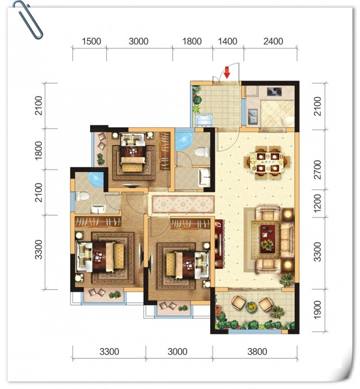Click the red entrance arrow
click(227, 72)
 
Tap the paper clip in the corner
click(28, 20)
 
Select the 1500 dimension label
click(91, 41)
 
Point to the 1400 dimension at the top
click(227, 41)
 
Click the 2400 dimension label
click(273, 41)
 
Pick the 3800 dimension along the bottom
click(257, 352)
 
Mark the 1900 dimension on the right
click(318, 310)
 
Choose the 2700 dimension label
click(318, 170)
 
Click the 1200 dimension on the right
click(318, 203)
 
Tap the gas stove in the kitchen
click(274, 92)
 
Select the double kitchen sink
click(253, 117)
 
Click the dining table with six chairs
click(267, 161)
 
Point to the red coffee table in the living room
click(267, 239)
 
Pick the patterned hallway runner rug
click(183, 204)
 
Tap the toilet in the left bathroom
click(82, 197)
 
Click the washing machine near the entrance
click(204, 121)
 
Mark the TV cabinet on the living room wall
click(220, 244)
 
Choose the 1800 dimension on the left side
click(39, 151)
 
